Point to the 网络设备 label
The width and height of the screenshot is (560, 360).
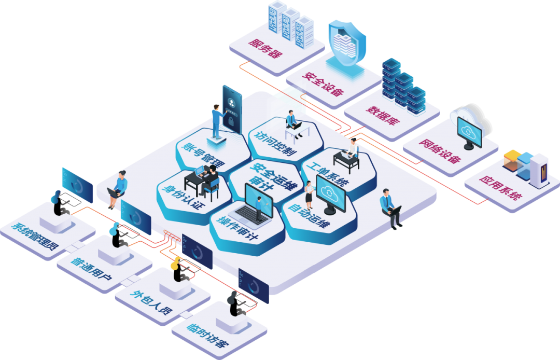(440, 151)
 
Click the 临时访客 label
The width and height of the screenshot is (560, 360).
(207, 338)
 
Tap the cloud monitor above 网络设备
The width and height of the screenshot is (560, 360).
(470, 130)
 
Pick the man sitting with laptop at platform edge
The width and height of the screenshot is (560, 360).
(391, 207)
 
